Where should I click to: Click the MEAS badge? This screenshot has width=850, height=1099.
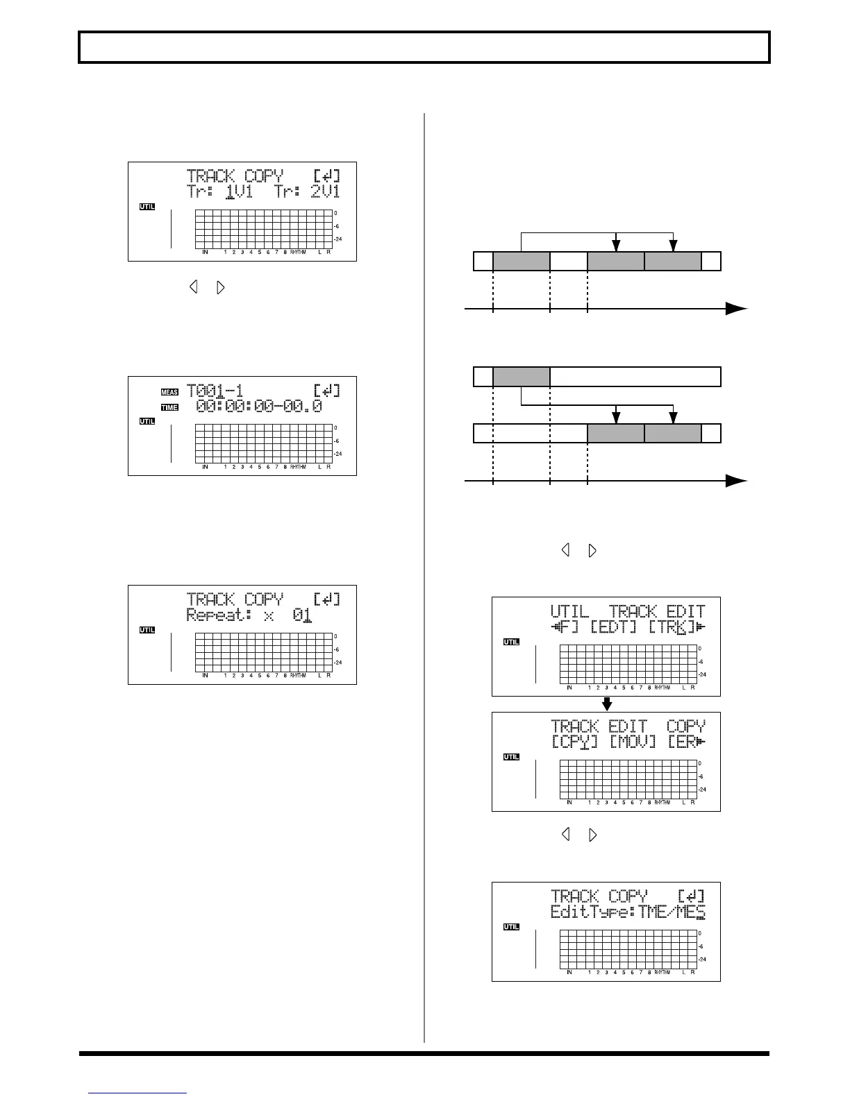pos(169,392)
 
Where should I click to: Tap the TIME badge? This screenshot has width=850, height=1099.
pos(169,407)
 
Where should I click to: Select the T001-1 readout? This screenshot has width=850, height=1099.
pos(215,391)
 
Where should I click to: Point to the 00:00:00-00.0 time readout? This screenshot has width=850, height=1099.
pos(259,407)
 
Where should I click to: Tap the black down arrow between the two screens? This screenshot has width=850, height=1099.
pos(607,704)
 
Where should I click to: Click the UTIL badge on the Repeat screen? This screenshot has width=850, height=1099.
pos(147,630)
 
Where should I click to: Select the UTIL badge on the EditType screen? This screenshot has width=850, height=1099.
pos(511,927)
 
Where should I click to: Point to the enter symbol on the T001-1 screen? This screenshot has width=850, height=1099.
pos(327,391)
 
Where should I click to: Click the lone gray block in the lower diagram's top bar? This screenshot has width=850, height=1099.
pos(521,377)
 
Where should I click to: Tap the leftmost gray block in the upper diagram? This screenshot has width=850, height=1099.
pos(521,262)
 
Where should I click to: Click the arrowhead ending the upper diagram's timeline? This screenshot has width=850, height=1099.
pos(736,309)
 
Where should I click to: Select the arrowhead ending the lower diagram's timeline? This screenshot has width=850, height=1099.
pos(736,481)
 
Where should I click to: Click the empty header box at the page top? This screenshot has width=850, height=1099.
pos(424,47)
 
